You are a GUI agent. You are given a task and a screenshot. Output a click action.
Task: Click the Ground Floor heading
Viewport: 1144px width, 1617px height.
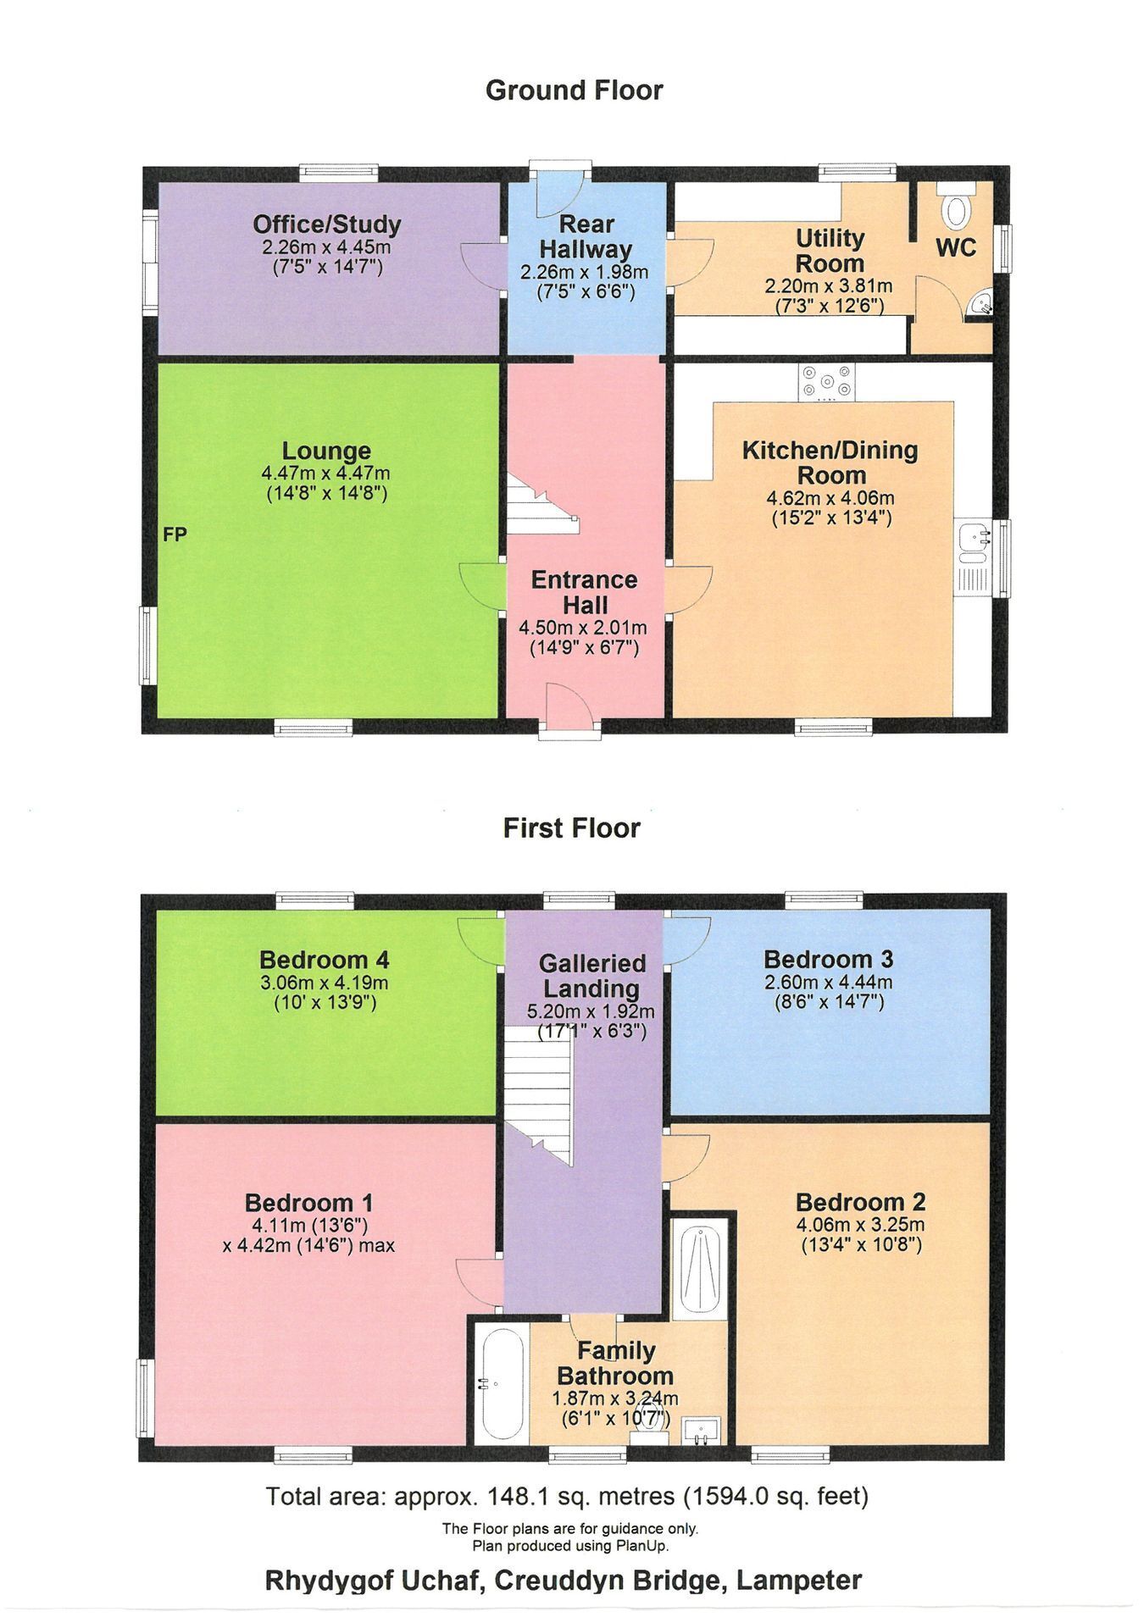coord(574,90)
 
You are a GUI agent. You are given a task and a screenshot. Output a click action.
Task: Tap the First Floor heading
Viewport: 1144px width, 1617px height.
coord(572,828)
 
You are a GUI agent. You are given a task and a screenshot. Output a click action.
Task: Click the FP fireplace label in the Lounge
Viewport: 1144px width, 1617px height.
coord(175,534)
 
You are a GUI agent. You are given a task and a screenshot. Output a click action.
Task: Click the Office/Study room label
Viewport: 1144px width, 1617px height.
coord(326,224)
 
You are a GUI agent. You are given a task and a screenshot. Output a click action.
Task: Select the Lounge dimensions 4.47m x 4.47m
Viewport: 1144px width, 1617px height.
coord(326,473)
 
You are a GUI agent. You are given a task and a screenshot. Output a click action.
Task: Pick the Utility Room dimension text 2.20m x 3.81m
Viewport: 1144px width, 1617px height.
coord(829,286)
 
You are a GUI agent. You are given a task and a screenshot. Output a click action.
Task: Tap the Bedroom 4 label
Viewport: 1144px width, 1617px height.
coord(325,960)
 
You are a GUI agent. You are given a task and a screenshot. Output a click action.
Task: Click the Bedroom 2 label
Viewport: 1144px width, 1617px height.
coord(861,1202)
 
